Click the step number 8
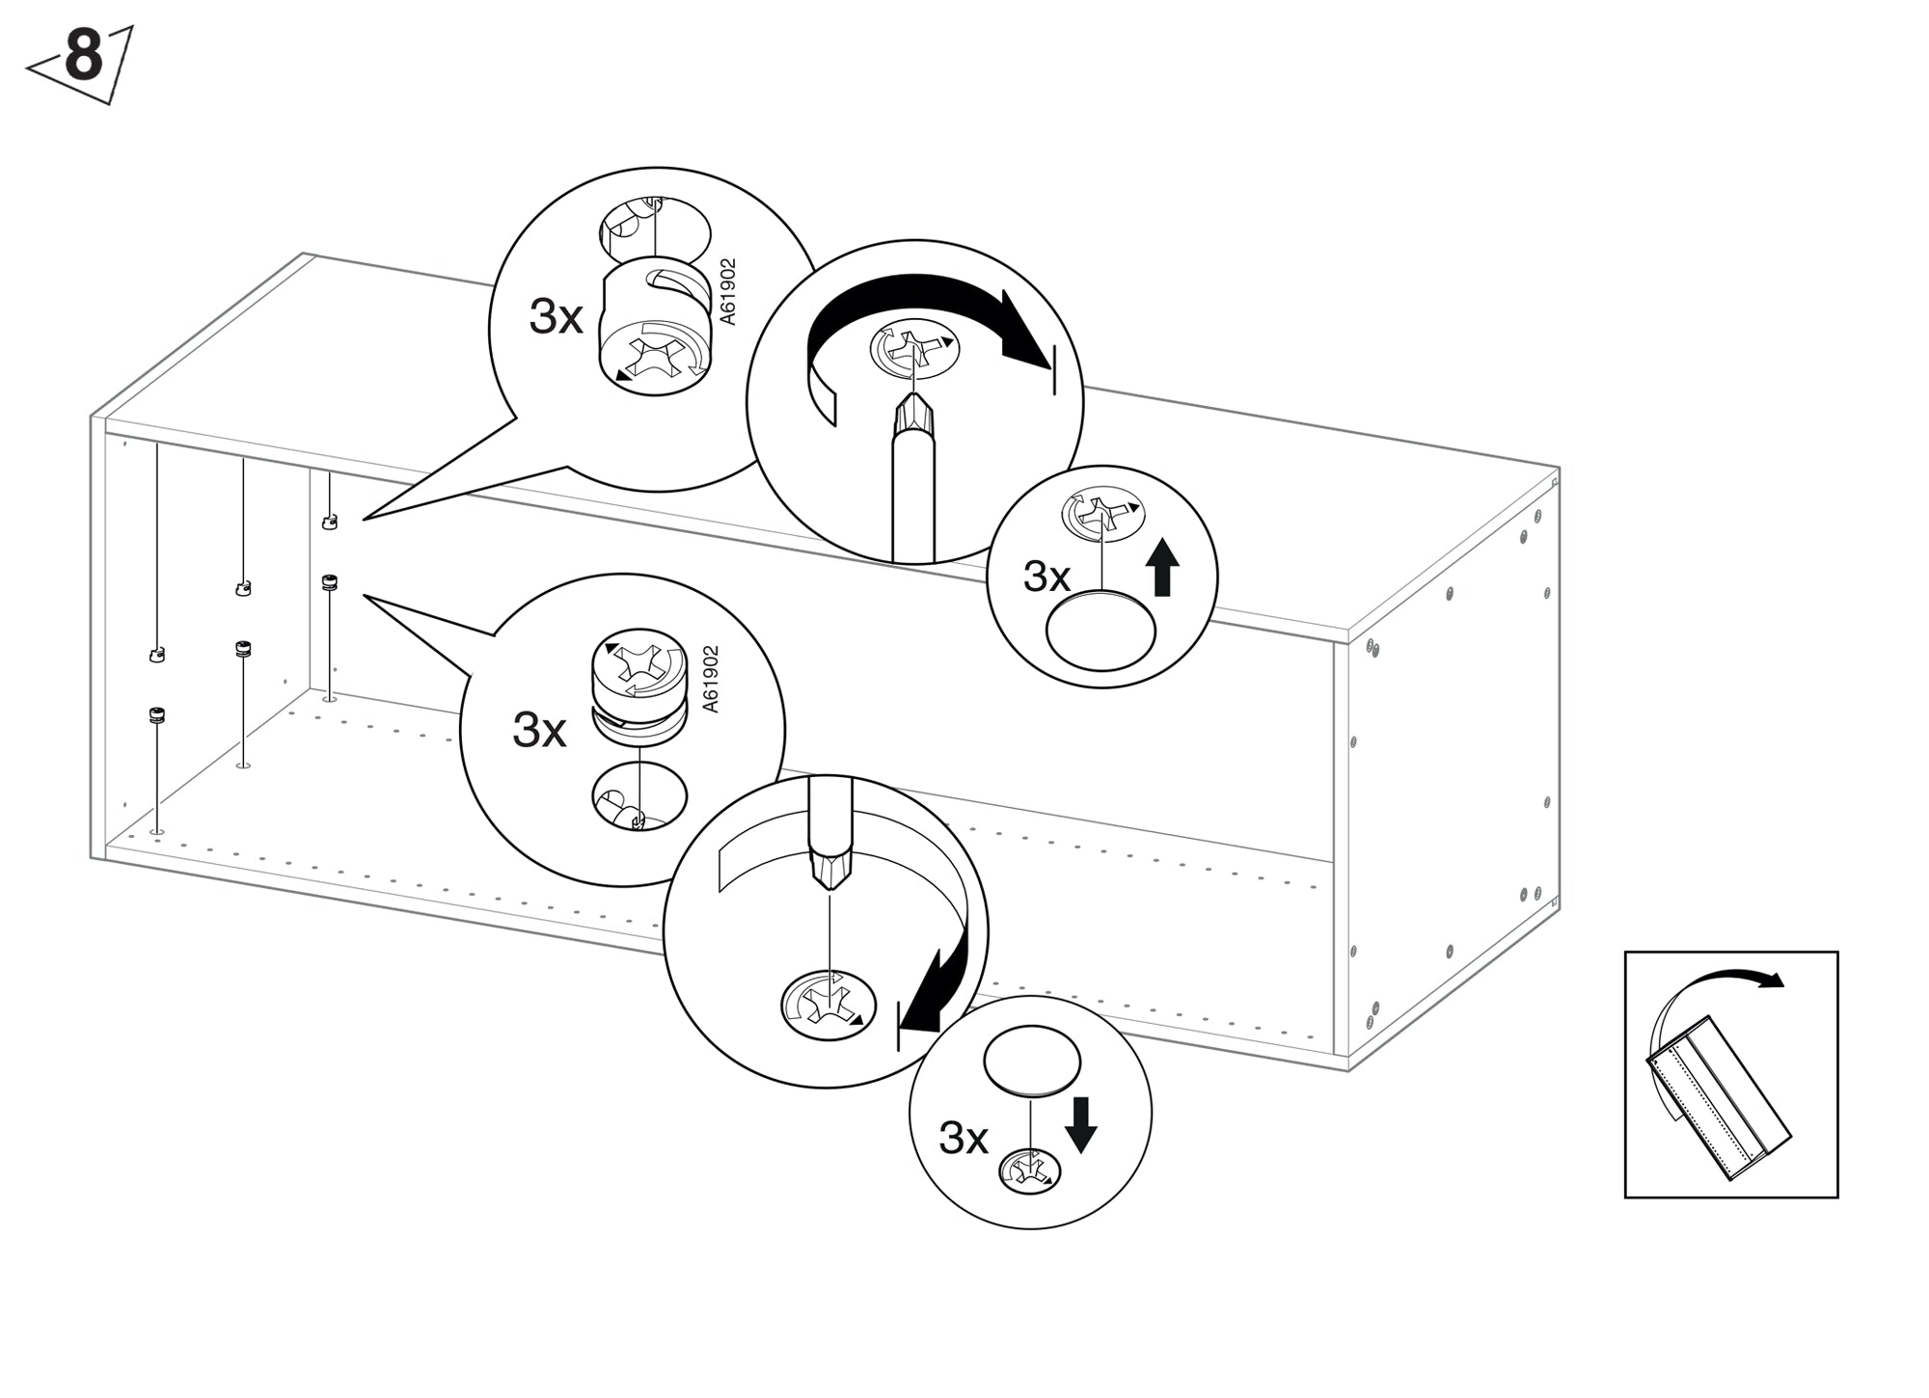click(x=83, y=58)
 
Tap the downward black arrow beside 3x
click(x=1080, y=1124)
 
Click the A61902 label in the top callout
click(x=728, y=291)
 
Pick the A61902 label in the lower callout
click(x=711, y=679)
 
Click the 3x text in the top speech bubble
click(x=556, y=316)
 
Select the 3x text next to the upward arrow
click(x=1046, y=577)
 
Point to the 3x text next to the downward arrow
click(x=963, y=1139)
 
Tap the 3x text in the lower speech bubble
click(x=539, y=730)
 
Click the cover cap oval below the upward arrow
click(x=1100, y=631)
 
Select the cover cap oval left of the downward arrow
click(x=1031, y=1060)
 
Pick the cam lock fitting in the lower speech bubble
click(x=638, y=686)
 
